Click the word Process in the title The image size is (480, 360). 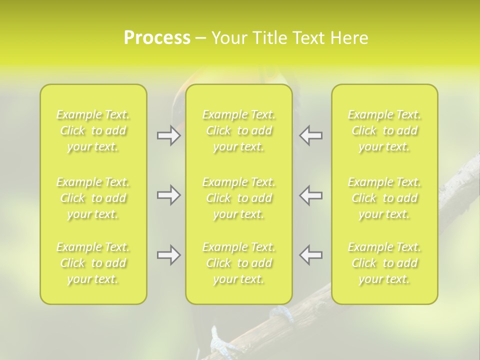[157, 38]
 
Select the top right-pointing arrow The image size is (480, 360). [168, 135]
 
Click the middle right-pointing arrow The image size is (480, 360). [168, 195]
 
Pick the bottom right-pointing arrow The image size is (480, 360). [168, 255]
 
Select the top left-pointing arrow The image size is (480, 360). [310, 135]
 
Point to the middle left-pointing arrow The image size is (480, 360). [310, 195]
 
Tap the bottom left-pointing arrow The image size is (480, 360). [310, 255]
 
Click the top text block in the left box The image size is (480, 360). [93, 130]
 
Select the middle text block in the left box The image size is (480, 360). [93, 198]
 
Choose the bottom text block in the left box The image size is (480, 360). [93, 263]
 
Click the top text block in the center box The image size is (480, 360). [239, 130]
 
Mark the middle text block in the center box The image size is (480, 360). [239, 198]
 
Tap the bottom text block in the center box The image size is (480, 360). [239, 263]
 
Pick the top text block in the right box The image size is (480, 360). [384, 130]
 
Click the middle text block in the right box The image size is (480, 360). [384, 198]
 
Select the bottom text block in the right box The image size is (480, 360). [384, 263]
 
